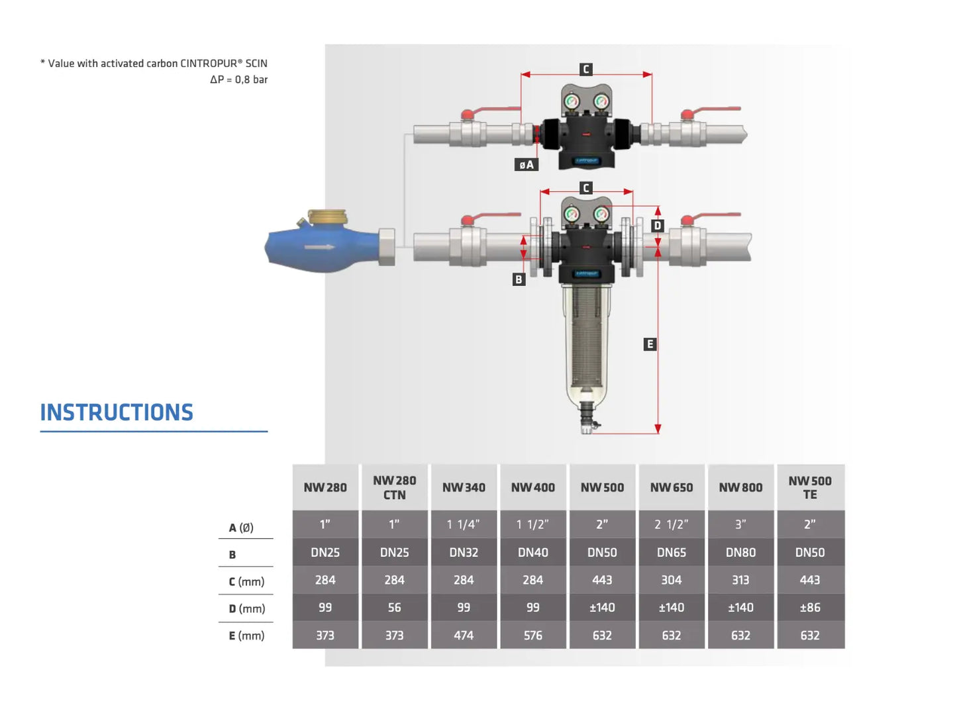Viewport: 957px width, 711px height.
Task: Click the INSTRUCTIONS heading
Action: (x=117, y=412)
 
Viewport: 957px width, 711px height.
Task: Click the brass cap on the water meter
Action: (x=328, y=216)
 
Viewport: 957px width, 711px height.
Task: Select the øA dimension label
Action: (x=527, y=164)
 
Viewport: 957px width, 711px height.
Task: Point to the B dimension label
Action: (x=519, y=279)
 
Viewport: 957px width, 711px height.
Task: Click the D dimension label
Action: (x=657, y=225)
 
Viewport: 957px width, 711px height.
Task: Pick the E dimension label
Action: (x=650, y=344)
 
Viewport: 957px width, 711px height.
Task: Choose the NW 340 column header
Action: (x=464, y=487)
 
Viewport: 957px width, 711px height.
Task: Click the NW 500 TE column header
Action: (x=810, y=487)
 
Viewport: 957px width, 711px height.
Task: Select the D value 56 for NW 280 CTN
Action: (x=394, y=608)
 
